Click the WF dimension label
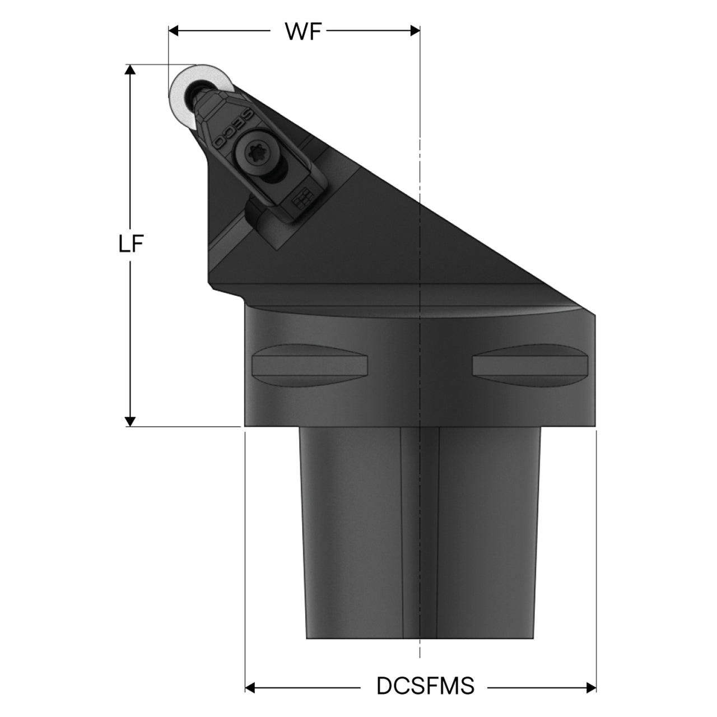[303, 31]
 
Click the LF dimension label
[131, 244]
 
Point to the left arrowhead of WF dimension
[174, 31]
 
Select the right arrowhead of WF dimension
[415, 31]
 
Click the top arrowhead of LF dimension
[130, 69]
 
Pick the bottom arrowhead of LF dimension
[130, 421]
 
